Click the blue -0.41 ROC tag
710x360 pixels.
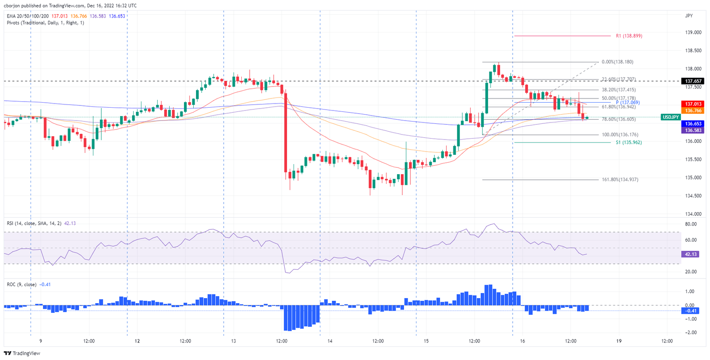(x=692, y=311)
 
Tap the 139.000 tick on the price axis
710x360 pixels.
(x=692, y=32)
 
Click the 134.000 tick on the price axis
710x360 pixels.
(x=692, y=214)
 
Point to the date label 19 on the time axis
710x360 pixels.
(x=618, y=341)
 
